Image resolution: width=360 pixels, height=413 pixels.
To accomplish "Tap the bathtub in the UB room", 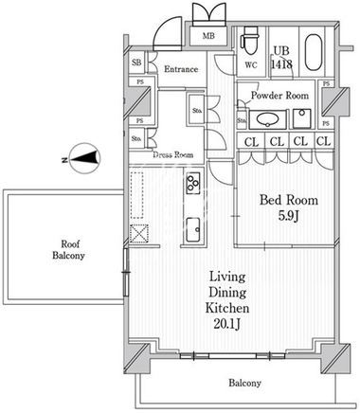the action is [x=314, y=52].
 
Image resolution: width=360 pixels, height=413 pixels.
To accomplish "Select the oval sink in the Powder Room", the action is [x=268, y=119].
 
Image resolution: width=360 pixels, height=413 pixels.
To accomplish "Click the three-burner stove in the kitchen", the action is [x=193, y=183].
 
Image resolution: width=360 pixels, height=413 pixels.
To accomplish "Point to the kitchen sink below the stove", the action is [x=192, y=229].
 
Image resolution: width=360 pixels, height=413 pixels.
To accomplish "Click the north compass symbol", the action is [x=82, y=158].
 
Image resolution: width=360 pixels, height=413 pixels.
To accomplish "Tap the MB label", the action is [x=208, y=36].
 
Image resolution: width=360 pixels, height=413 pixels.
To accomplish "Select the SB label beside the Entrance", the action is [x=136, y=63].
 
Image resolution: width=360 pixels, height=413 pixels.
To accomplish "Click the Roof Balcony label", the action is [x=68, y=249].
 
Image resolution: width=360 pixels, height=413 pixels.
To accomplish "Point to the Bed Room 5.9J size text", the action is [x=289, y=216].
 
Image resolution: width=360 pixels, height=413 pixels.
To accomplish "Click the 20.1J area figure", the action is [x=227, y=324].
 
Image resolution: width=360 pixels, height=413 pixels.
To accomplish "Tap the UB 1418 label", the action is [x=281, y=58].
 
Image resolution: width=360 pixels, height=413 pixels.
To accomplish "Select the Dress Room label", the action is [x=173, y=155].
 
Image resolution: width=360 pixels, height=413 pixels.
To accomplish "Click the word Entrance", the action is [x=181, y=69].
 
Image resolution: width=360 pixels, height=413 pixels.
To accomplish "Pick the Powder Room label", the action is [x=279, y=96].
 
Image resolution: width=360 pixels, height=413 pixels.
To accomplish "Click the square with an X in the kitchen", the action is [x=139, y=234].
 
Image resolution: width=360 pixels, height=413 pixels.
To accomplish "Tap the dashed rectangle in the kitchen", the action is [x=136, y=195].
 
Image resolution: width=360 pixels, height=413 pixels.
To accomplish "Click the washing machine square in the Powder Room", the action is [x=302, y=118].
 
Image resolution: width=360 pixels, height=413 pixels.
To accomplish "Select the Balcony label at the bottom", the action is [x=244, y=383].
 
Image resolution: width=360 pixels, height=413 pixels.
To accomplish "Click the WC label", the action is [x=251, y=65].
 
